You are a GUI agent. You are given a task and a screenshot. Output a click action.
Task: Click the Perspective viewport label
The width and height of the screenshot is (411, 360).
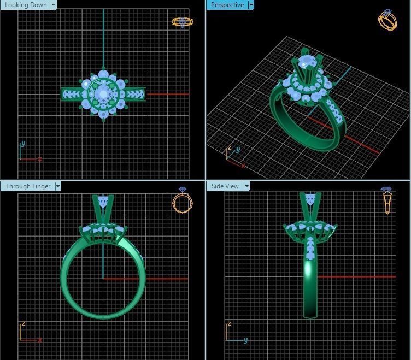227,5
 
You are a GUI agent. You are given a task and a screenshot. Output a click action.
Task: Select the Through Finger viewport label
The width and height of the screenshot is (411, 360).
28,186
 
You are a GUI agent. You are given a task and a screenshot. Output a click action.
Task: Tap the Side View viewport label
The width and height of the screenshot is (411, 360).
225,186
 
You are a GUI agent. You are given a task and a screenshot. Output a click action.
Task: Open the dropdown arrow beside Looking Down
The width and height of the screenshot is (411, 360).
54,5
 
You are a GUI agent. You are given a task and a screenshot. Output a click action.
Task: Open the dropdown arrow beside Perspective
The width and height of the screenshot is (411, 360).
251,5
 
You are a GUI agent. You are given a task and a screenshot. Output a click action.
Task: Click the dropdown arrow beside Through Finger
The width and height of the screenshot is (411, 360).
58,186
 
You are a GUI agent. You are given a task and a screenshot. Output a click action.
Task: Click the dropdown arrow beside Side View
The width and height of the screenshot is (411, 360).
246,186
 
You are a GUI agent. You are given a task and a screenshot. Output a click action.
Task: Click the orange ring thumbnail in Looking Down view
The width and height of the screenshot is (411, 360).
182,22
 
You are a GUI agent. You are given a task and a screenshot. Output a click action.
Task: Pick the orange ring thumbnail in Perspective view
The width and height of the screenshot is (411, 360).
387,20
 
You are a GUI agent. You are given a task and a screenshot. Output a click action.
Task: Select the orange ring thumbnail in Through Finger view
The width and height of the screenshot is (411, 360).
182,200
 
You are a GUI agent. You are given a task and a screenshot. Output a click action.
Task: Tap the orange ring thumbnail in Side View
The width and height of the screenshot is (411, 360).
387,200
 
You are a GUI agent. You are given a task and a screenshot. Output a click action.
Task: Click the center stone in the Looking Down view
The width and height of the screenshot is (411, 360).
103,95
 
